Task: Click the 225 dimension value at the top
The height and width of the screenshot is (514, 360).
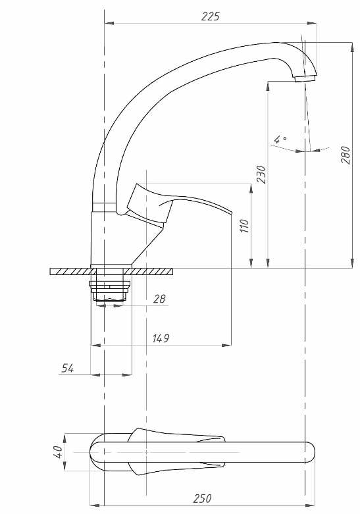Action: coord(210,16)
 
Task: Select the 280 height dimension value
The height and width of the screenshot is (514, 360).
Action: coord(346,155)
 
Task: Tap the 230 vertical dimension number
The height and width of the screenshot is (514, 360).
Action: coord(261,174)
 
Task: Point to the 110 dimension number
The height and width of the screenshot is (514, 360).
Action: coord(245,226)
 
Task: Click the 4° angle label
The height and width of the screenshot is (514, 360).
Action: coord(280,140)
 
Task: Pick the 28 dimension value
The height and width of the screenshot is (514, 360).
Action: coord(159,299)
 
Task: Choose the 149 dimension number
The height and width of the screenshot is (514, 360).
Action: coord(161,338)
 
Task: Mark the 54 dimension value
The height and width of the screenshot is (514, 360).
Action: coord(68,368)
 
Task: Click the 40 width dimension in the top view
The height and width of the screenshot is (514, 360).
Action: coord(57,452)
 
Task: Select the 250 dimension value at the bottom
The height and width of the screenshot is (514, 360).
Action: coord(202,499)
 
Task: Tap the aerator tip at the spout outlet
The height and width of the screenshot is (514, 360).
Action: coord(305,78)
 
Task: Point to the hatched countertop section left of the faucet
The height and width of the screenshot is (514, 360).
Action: coord(71,271)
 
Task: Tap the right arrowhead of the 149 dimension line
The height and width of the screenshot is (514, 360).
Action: coord(226,345)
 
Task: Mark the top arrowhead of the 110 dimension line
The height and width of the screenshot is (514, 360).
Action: coord(251,188)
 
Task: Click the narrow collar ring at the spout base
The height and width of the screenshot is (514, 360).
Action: coord(104,207)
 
